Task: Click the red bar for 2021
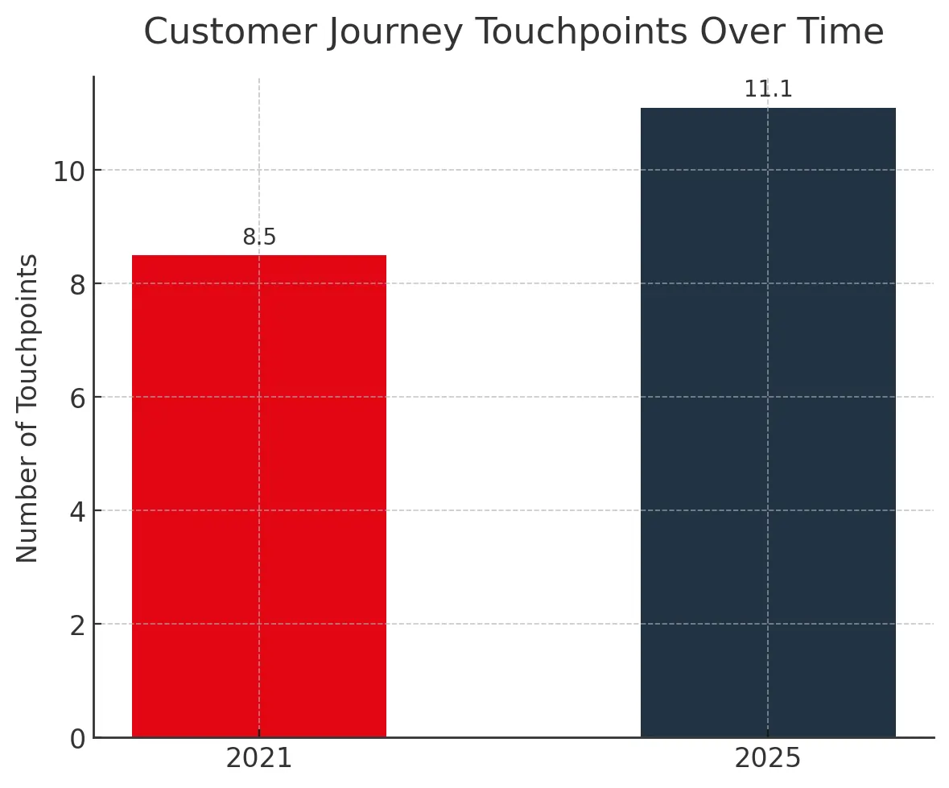pos(258,496)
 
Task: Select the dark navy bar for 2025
pos(768,423)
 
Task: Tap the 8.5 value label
pos(259,238)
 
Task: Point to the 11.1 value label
pos(768,90)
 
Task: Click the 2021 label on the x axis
pos(258,759)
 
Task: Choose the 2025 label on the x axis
pos(768,759)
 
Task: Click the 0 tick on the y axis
pos(77,738)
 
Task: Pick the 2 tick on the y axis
pos(77,625)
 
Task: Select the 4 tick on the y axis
pos(77,511)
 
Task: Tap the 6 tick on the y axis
pos(77,398)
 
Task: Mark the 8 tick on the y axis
pos(77,284)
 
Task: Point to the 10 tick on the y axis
pos(71,171)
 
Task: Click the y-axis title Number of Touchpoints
pos(28,408)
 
